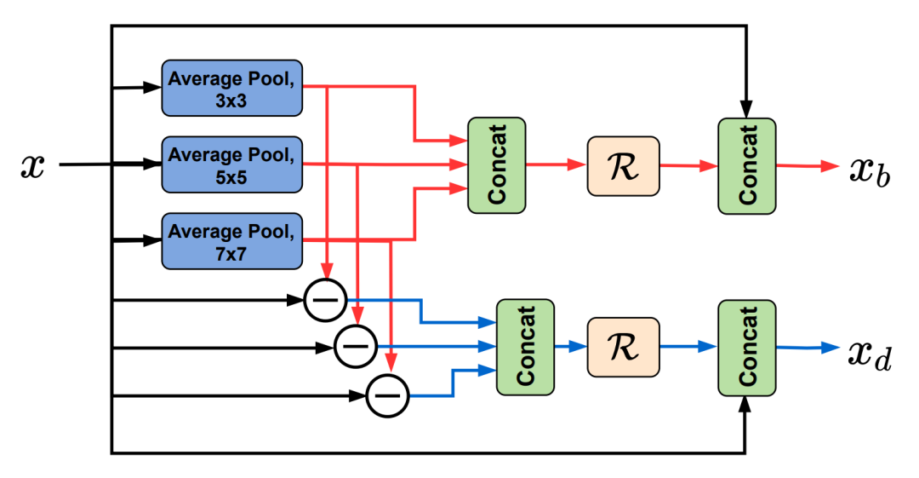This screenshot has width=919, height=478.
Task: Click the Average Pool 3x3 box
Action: tap(232, 88)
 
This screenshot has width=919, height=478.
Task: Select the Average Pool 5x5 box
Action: tap(232, 164)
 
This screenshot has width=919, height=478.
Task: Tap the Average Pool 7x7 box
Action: tap(232, 240)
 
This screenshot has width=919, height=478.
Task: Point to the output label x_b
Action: tap(869, 171)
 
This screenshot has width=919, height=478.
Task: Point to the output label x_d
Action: tap(869, 351)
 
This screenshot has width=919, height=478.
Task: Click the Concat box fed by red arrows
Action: tap(497, 165)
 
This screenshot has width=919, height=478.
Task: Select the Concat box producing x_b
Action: tap(747, 165)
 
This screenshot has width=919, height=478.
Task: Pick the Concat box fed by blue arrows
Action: tap(525, 347)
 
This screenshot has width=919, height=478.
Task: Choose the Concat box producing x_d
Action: tap(747, 347)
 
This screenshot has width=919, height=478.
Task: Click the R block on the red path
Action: tap(623, 165)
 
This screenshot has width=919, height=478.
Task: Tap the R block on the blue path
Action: tap(623, 347)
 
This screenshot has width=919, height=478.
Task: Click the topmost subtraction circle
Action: tap(325, 300)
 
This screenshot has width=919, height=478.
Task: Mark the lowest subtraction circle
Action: tap(387, 395)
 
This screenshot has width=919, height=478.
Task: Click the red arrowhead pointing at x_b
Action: tap(831, 166)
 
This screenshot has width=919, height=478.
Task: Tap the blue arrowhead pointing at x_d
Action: tap(831, 347)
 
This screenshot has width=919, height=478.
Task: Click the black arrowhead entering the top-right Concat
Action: tap(746, 111)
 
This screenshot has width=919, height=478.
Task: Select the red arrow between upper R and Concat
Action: tap(688, 166)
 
